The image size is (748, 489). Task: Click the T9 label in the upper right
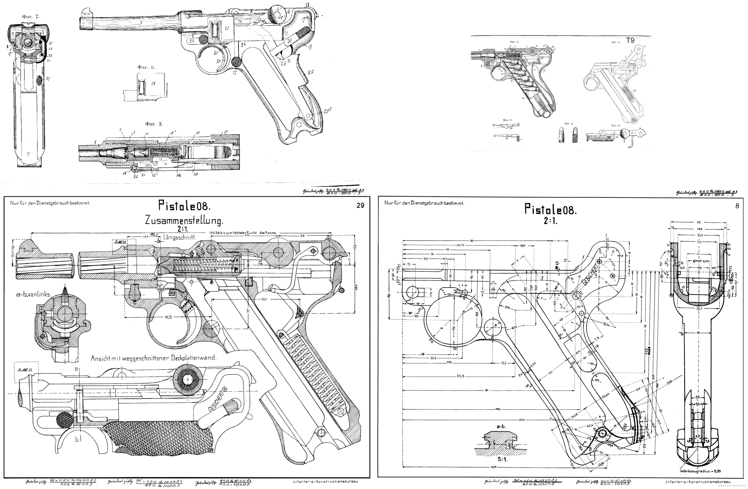pos(630,41)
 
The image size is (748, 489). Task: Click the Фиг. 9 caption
pos(507,120)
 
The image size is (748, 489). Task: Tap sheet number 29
pos(360,206)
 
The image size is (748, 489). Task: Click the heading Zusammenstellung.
pos(184,221)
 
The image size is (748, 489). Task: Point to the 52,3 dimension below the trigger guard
pos(168,317)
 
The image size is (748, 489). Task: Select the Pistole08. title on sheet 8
pos(550,210)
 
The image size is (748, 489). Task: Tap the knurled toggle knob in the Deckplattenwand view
pos(189,381)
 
